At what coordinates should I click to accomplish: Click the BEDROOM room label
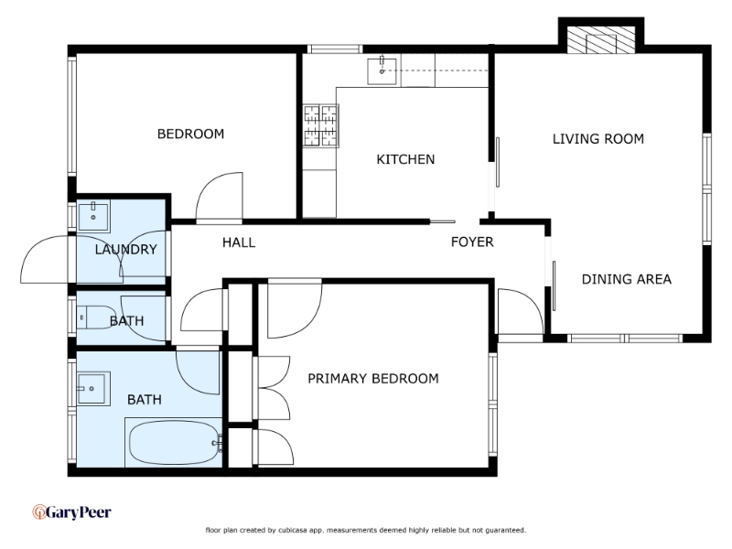[190, 134]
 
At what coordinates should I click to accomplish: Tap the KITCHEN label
[405, 159]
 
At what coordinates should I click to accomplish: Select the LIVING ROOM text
[598, 139]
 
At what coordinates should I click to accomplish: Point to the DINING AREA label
[627, 279]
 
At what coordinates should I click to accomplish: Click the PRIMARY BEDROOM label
[373, 378]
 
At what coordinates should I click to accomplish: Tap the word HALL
[239, 242]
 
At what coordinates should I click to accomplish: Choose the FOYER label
[472, 242]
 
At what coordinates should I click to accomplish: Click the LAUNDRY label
[125, 249]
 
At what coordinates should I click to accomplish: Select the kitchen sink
[382, 71]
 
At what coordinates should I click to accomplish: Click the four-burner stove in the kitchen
[320, 126]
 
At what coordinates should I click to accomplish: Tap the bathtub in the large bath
[173, 442]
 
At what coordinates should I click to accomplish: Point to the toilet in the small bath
[97, 318]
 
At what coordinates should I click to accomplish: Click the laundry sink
[93, 216]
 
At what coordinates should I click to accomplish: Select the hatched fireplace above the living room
[601, 39]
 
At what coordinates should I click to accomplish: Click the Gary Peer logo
[71, 512]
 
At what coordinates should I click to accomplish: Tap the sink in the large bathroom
[93, 388]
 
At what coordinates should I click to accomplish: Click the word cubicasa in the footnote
[293, 530]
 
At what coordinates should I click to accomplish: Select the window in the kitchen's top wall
[335, 49]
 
